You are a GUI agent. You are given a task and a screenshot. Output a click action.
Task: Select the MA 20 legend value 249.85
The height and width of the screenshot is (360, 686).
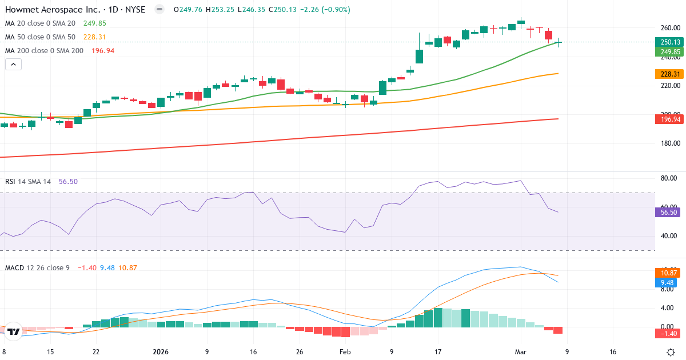(95, 23)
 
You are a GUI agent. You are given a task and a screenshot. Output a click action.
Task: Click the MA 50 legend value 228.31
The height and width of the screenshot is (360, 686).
(95, 37)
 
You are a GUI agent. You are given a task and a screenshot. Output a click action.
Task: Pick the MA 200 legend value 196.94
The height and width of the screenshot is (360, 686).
(103, 51)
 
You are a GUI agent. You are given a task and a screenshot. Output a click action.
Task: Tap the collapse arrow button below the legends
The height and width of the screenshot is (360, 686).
(13, 65)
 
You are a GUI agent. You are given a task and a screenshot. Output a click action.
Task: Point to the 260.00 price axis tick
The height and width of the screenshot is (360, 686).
(669, 28)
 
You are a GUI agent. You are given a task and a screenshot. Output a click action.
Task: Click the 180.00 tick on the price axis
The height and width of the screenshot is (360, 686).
(669, 143)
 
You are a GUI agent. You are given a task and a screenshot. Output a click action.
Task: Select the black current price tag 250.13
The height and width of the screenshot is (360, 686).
(669, 42)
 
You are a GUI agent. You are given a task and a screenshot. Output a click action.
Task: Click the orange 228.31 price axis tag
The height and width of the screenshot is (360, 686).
(669, 74)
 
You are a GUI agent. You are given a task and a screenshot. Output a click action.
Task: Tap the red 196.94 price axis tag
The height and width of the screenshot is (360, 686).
(669, 119)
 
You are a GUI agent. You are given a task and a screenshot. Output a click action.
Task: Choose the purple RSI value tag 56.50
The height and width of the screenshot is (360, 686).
(669, 212)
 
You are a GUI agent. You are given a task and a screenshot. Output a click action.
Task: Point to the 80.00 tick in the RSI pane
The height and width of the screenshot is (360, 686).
(669, 178)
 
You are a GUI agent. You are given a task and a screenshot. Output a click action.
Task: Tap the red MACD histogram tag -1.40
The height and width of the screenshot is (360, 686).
(669, 333)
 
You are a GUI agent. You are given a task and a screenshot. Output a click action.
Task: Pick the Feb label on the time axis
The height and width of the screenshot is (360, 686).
(345, 352)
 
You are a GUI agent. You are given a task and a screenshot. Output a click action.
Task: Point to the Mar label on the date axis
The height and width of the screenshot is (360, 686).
(521, 352)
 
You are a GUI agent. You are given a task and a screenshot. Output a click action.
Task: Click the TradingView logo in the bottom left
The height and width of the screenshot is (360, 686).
(14, 331)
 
